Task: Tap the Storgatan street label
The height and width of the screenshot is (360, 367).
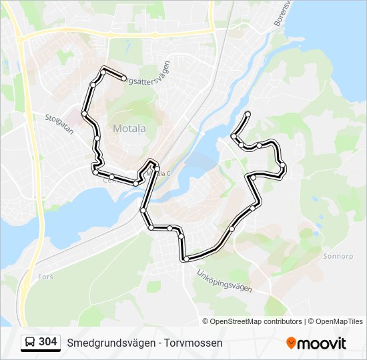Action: tap(58, 123)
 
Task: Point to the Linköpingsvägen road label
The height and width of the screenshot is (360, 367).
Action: tap(225, 279)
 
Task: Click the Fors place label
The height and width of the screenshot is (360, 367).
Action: tap(46, 276)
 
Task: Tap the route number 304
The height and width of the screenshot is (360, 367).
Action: tap(48, 342)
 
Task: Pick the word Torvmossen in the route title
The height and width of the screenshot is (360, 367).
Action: tap(194, 343)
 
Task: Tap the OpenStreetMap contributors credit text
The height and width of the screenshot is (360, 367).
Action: tap(256, 321)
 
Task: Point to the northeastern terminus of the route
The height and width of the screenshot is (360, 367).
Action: tap(248, 113)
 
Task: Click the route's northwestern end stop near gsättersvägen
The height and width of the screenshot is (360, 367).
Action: tap(124, 78)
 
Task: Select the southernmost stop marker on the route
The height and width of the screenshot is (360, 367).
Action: tap(186, 259)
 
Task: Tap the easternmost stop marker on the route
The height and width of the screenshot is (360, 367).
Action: tap(283, 165)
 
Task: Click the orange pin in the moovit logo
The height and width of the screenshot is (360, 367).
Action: tap(291, 343)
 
